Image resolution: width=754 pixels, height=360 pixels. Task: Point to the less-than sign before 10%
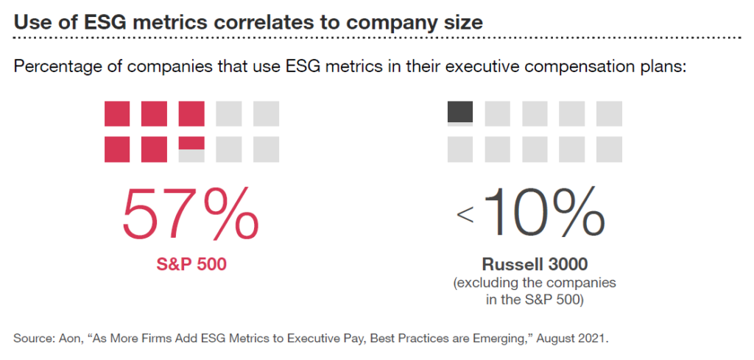[x=465, y=214]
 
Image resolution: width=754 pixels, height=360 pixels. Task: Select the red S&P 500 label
[x=190, y=264]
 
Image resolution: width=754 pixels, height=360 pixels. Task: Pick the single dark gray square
[x=460, y=112]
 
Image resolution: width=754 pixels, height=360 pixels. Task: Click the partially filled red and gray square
[x=191, y=149]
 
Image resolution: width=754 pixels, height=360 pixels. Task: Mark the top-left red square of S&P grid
[x=117, y=113]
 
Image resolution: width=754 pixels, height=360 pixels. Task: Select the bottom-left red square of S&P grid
[x=117, y=149]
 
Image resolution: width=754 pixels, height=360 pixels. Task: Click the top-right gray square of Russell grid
[x=609, y=113]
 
